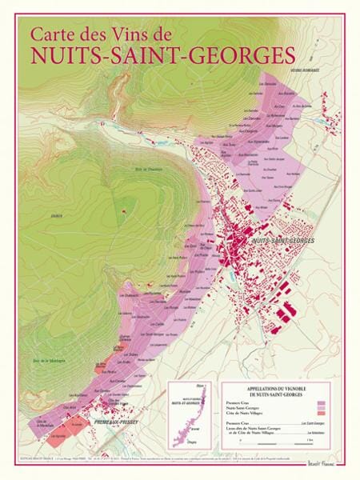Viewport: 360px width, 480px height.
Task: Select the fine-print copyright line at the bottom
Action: [144, 457]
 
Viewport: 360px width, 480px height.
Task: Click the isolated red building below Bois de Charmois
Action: [124, 211]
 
